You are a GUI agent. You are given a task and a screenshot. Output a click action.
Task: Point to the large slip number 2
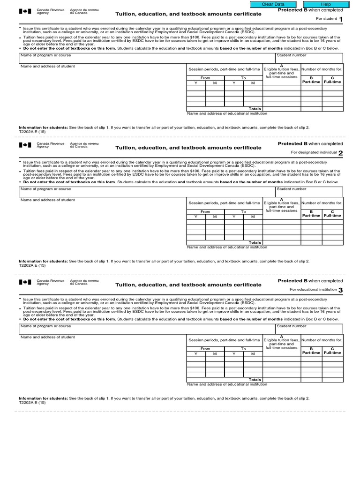pyautogui.click(x=341, y=153)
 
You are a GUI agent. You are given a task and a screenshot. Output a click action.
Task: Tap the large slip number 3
pyautogui.click(x=341, y=290)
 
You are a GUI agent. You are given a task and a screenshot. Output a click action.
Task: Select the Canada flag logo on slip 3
pyautogui.click(x=25, y=282)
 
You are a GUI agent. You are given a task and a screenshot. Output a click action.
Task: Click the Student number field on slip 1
pyautogui.click(x=309, y=58)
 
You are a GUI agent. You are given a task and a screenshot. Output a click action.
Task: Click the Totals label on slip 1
pyautogui.click(x=255, y=109)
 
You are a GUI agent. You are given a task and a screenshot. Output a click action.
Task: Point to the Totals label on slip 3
pyautogui.click(x=255, y=380)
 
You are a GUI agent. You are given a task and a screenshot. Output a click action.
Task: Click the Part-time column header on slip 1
pyautogui.click(x=311, y=80)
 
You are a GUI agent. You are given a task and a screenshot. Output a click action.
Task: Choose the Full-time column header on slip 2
pyautogui.click(x=332, y=214)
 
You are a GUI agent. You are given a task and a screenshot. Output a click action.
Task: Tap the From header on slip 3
pyautogui.click(x=205, y=349)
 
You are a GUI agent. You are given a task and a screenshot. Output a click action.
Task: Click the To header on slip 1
pyautogui.click(x=243, y=78)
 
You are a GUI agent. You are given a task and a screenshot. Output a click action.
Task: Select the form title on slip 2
pyautogui.click(x=188, y=148)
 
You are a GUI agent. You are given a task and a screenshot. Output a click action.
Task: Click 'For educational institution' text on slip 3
pyautogui.click(x=314, y=290)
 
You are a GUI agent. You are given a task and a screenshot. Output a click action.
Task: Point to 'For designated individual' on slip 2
pyautogui.click(x=314, y=152)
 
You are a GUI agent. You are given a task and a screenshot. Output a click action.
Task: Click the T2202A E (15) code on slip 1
pyautogui.click(x=32, y=132)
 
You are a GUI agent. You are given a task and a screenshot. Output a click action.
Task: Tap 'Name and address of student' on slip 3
pyautogui.click(x=47, y=337)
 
